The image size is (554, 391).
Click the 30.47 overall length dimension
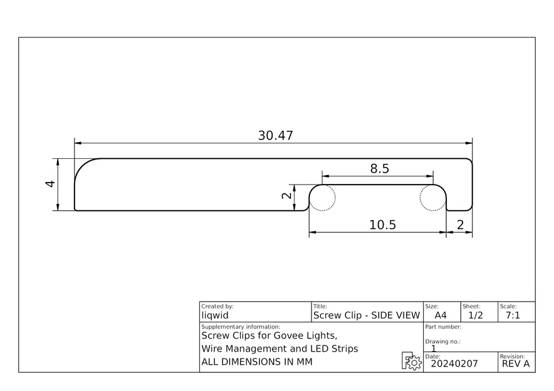pos(275,135)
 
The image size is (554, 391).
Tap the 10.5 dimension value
pos(382,225)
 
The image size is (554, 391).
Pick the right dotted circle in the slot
pos(432,198)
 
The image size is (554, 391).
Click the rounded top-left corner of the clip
pos(83,167)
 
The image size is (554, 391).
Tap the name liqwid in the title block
pos(215,315)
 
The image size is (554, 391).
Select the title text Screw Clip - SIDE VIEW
pos(366,315)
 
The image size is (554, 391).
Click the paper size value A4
pos(441,315)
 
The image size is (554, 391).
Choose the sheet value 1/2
pos(476,315)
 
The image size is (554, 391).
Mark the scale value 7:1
pos(512,315)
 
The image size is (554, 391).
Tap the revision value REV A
pos(516,364)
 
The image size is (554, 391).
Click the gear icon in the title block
pos(411,362)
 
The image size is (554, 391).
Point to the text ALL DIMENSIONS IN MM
pos(256,362)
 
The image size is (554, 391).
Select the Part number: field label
pos(443,327)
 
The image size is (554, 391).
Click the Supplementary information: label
pos(241,327)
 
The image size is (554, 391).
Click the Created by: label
pos(217,307)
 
